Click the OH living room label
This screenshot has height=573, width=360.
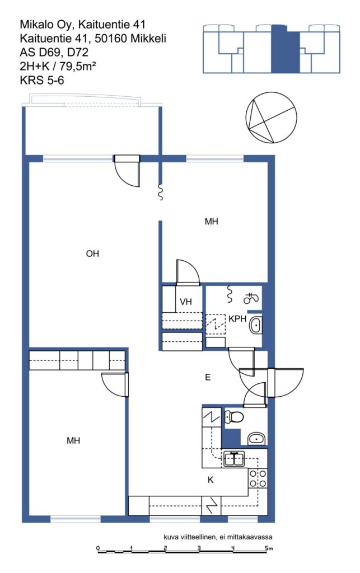(92, 253)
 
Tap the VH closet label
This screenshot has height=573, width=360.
(186, 302)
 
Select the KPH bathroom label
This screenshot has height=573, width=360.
(237, 318)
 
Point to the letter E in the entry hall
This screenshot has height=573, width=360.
(208, 377)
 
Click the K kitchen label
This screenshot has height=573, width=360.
(211, 480)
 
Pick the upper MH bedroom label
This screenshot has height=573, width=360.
(211, 222)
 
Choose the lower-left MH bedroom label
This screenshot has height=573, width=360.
(73, 441)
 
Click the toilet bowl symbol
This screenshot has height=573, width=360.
(234, 416)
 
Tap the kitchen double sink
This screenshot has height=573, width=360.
(234, 459)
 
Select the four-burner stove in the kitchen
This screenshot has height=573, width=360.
(258, 479)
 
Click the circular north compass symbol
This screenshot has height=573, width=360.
(271, 118)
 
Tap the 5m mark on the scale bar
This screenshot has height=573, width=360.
(269, 548)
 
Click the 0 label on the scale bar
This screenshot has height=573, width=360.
(98, 548)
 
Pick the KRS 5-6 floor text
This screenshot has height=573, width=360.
(41, 80)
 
